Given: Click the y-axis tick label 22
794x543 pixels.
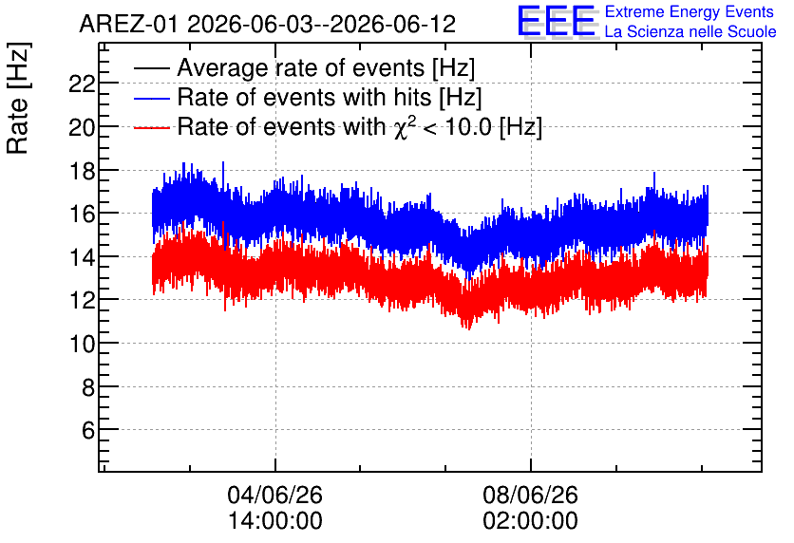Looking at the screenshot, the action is coord(82,84).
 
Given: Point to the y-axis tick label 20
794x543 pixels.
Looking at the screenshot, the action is coord(82,127).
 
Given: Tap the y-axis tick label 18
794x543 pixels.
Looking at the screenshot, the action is coord(82,171).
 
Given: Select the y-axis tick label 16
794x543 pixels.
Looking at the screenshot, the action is coord(82,214).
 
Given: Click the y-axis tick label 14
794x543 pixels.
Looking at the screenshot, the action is coord(82,257).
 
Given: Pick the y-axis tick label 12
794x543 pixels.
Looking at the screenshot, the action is coord(82,300).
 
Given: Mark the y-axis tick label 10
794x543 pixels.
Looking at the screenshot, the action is coord(82,344).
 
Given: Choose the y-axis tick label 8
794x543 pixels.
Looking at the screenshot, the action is coord(88,387).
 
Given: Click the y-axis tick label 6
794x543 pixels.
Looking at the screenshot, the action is coord(88,430).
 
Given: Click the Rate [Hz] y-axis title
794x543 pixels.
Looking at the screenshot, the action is coord(18,98).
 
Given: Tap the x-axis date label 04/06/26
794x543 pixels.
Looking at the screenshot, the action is coord(275,495).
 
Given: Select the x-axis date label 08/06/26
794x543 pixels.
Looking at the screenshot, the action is coord(530,495).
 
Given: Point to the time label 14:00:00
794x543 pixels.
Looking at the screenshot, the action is coord(275,521).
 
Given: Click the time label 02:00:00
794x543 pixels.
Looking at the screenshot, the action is coord(530,521).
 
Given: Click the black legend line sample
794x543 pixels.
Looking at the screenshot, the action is coord(151,68).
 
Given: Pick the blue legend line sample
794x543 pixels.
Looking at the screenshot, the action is coord(151,98).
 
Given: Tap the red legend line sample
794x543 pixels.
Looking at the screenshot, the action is coord(151,127).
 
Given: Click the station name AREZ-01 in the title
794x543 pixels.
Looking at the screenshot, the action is coord(129,25).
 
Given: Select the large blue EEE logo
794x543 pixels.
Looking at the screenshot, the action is coord(556,21).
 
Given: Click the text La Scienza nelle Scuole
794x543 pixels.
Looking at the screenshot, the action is coord(690,32).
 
